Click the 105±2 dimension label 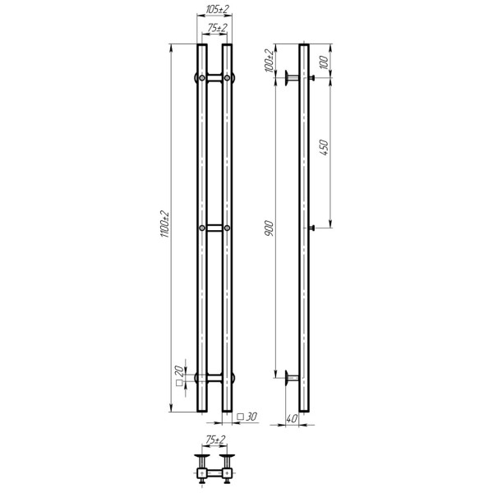[217, 9]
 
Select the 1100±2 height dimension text [165, 224]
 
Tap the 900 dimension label [270, 228]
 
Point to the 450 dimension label [324, 147]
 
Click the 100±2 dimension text [270, 61]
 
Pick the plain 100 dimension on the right [325, 62]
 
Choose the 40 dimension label [292, 419]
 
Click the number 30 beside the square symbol [251, 417]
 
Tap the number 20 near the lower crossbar [178, 371]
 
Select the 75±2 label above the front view [217, 28]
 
